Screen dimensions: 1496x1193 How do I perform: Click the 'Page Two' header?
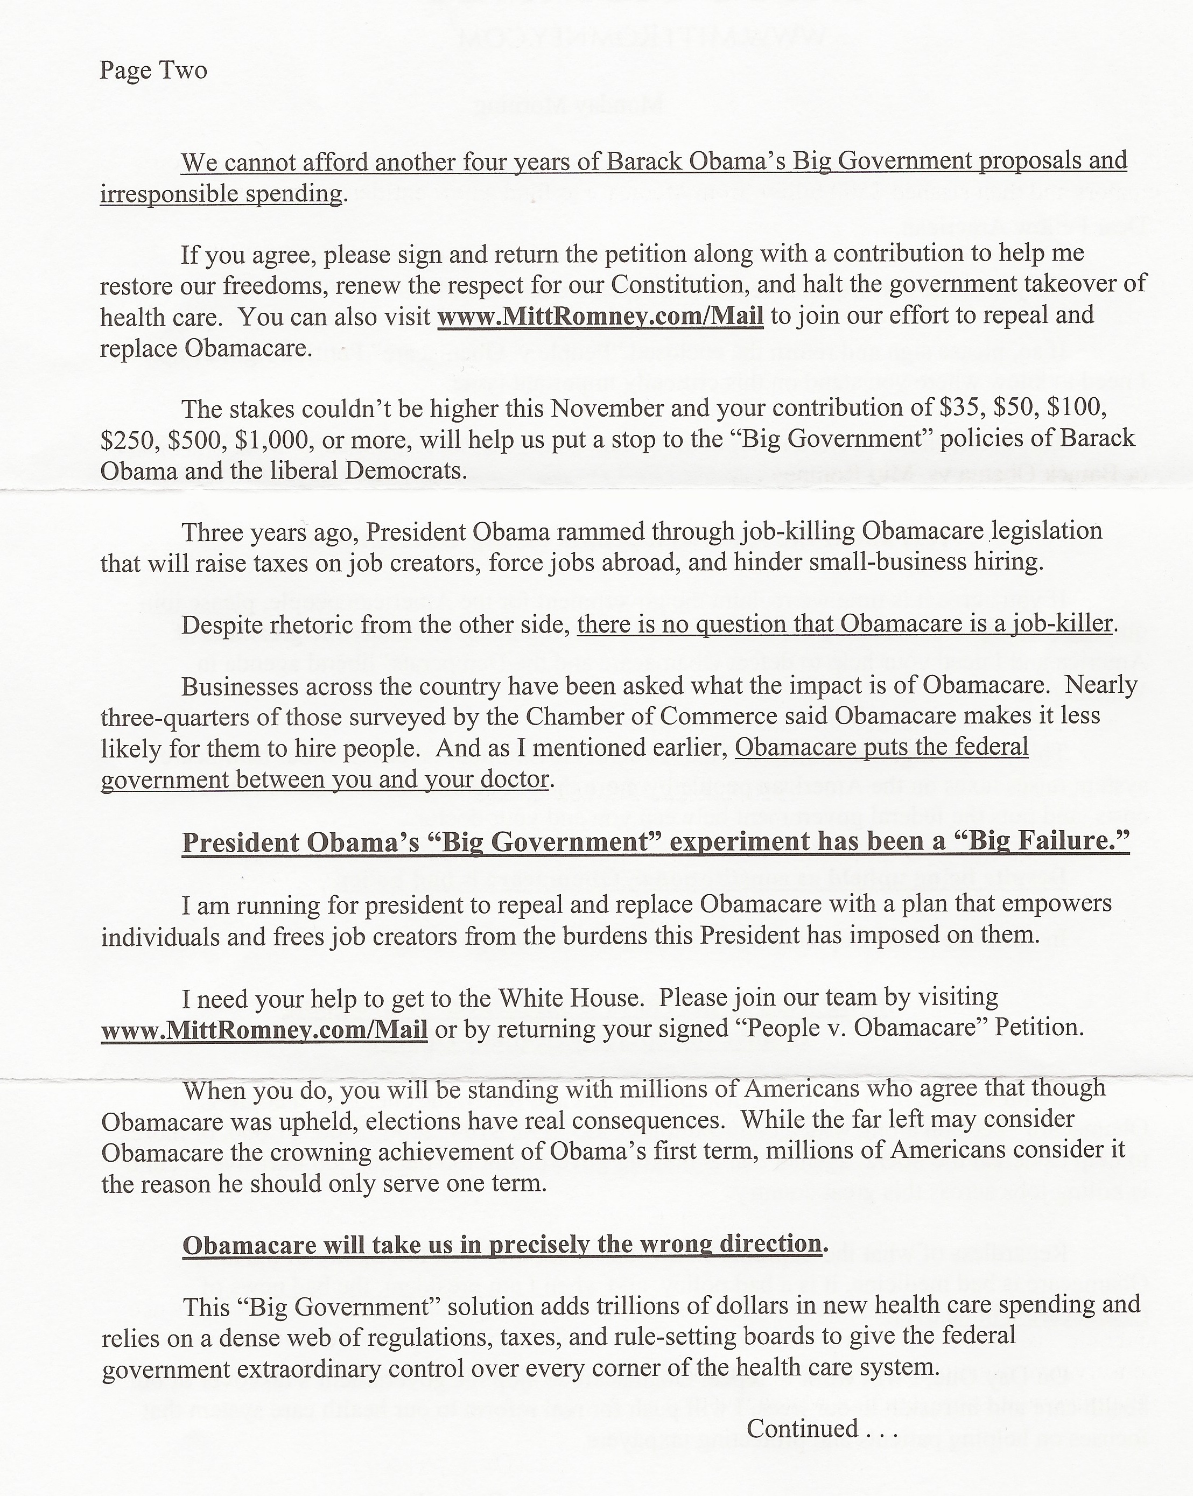[x=153, y=71]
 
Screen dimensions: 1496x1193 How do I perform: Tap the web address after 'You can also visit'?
[x=600, y=317]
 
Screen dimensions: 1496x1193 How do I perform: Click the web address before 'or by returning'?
[x=264, y=1030]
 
